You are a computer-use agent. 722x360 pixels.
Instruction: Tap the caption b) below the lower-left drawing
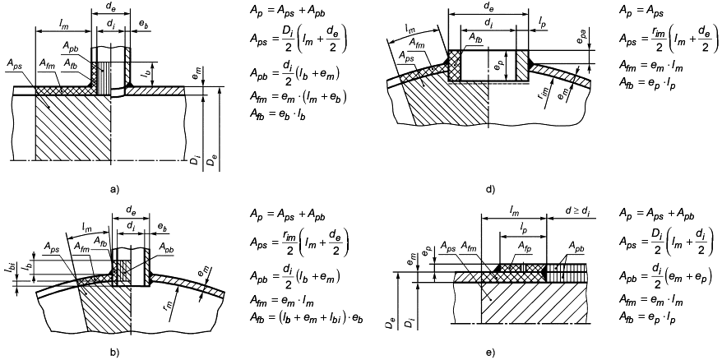[x=113, y=353]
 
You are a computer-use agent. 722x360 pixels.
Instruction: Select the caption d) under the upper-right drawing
[x=489, y=189]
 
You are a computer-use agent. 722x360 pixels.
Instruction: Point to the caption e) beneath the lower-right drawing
[x=489, y=353]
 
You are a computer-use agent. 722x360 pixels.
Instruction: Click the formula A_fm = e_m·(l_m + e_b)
[x=298, y=96]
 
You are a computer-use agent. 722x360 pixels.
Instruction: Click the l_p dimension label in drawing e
[x=521, y=227]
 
